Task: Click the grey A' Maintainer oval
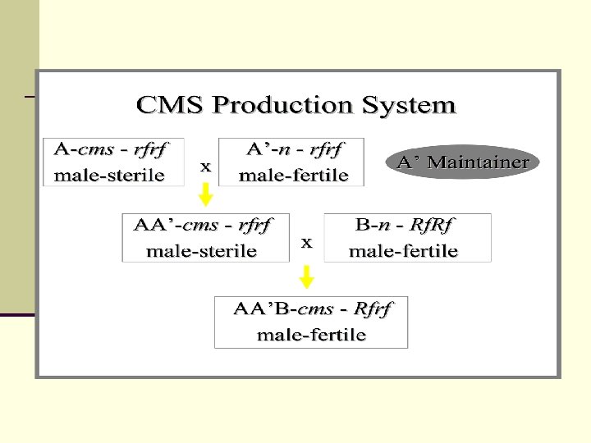pyautogui.click(x=463, y=162)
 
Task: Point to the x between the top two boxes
pyautogui.click(x=206, y=166)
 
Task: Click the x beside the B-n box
pyautogui.click(x=307, y=242)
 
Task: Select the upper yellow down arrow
pyautogui.click(x=206, y=194)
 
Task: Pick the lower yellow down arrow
pyautogui.click(x=307, y=277)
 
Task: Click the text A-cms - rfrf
pyautogui.click(x=111, y=150)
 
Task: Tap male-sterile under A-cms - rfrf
pyautogui.click(x=109, y=174)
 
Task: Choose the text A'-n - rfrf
pyautogui.click(x=295, y=150)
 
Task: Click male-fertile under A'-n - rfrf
pyautogui.click(x=294, y=175)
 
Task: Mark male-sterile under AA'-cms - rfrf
pyautogui.click(x=202, y=250)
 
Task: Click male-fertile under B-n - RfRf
pyautogui.click(x=404, y=250)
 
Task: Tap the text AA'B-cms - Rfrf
pyautogui.click(x=313, y=309)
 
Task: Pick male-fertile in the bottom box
pyautogui.click(x=312, y=335)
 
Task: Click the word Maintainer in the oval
pyautogui.click(x=475, y=162)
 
